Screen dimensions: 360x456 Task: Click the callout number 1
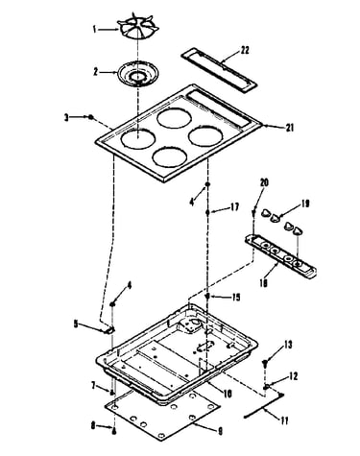pos(95,30)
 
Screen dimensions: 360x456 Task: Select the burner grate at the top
pos(138,29)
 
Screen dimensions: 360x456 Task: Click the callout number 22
pos(244,50)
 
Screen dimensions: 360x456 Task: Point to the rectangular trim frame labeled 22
pos(219,70)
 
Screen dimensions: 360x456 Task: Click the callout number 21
pos(290,128)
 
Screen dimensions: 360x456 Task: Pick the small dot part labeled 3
pos(91,117)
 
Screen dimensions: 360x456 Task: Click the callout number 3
pos(66,118)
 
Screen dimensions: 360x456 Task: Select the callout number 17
pos(234,207)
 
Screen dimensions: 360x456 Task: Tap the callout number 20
pos(264,182)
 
